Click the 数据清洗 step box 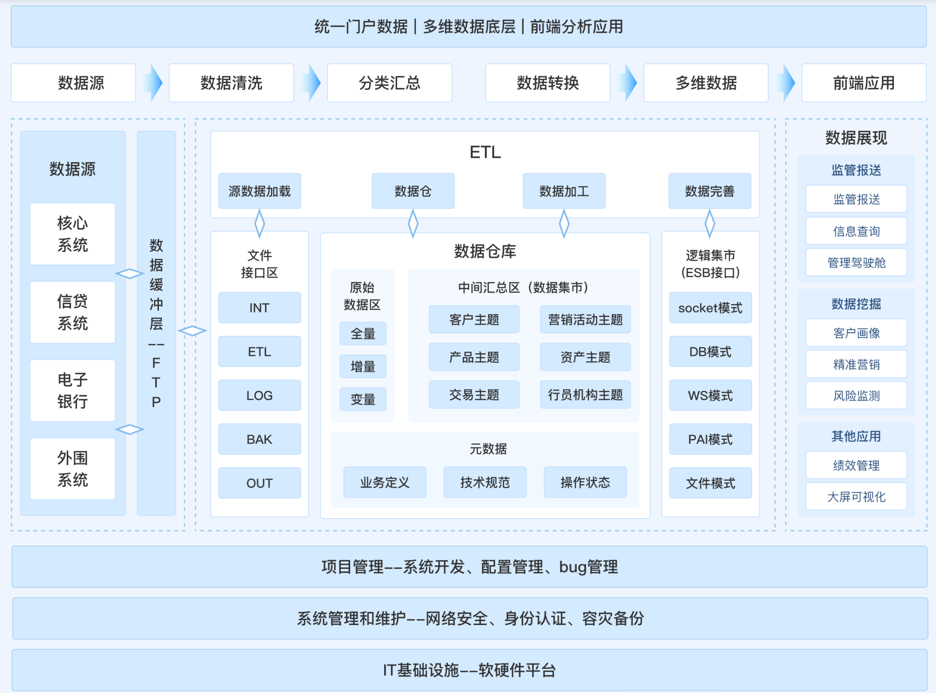point(231,83)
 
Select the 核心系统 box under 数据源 point(72,234)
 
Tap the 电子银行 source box point(72,390)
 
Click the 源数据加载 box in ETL point(259,191)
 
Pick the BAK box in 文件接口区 point(259,439)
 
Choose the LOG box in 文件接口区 point(259,395)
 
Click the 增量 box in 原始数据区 point(363,367)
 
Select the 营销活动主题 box point(585,319)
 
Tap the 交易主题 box point(474,394)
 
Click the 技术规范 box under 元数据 point(485,482)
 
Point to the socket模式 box point(710,308)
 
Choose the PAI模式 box point(710,439)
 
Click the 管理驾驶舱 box point(856,262)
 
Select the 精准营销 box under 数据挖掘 point(856,364)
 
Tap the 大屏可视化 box point(856,496)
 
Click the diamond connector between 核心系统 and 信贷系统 point(130,274)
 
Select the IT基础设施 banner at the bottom point(469,670)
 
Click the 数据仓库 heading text point(485,251)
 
